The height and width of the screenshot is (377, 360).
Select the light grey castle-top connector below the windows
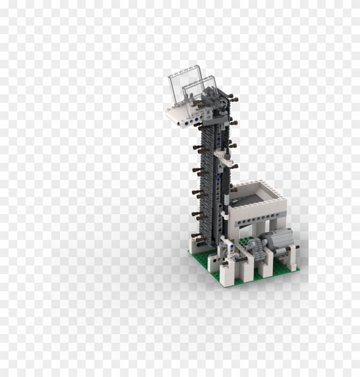(207, 113)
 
